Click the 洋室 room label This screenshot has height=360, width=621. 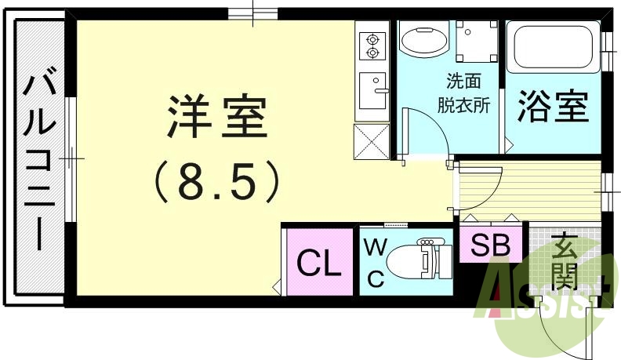tap(217, 118)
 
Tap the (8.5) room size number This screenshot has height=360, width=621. tap(216, 181)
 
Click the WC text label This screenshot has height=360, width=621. tap(376, 263)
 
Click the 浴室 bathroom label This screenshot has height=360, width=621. tap(552, 107)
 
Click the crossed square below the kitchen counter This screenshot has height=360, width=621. tap(372, 140)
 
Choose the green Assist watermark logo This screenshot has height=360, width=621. tap(541, 302)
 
